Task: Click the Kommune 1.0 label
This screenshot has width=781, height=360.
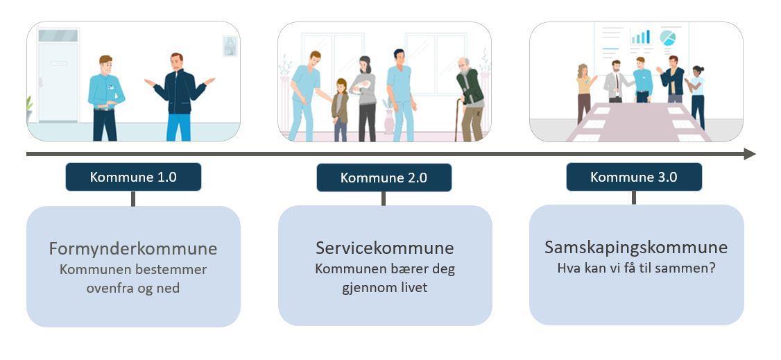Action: point(133,177)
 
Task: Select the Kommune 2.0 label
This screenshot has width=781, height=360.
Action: point(384,178)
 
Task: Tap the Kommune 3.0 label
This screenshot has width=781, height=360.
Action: point(634,177)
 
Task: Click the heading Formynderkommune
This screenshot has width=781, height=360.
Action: point(133,248)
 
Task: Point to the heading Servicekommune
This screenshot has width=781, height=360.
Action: point(384,248)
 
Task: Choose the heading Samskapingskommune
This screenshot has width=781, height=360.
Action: point(636,248)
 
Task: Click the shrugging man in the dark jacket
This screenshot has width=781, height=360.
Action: point(180,97)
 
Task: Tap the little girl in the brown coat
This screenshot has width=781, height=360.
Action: point(340,110)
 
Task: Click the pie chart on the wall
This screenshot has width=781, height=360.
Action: point(667,38)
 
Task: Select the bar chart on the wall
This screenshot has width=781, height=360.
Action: point(640,37)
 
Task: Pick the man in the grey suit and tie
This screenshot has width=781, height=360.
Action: point(616,81)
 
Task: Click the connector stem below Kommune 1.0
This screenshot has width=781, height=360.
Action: point(133,198)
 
